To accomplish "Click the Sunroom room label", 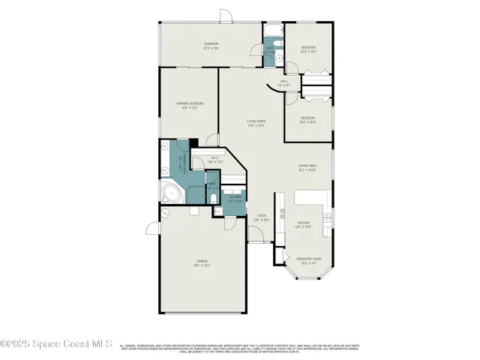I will [x=211, y=46].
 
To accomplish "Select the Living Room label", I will [x=256, y=123].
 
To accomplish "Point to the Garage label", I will [x=201, y=263].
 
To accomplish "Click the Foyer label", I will [x=260, y=217].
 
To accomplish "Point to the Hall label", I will [x=283, y=83].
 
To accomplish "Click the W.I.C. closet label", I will [x=214, y=159].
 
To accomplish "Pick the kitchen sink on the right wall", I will [x=327, y=216].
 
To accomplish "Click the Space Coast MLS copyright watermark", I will [x=56, y=343].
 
